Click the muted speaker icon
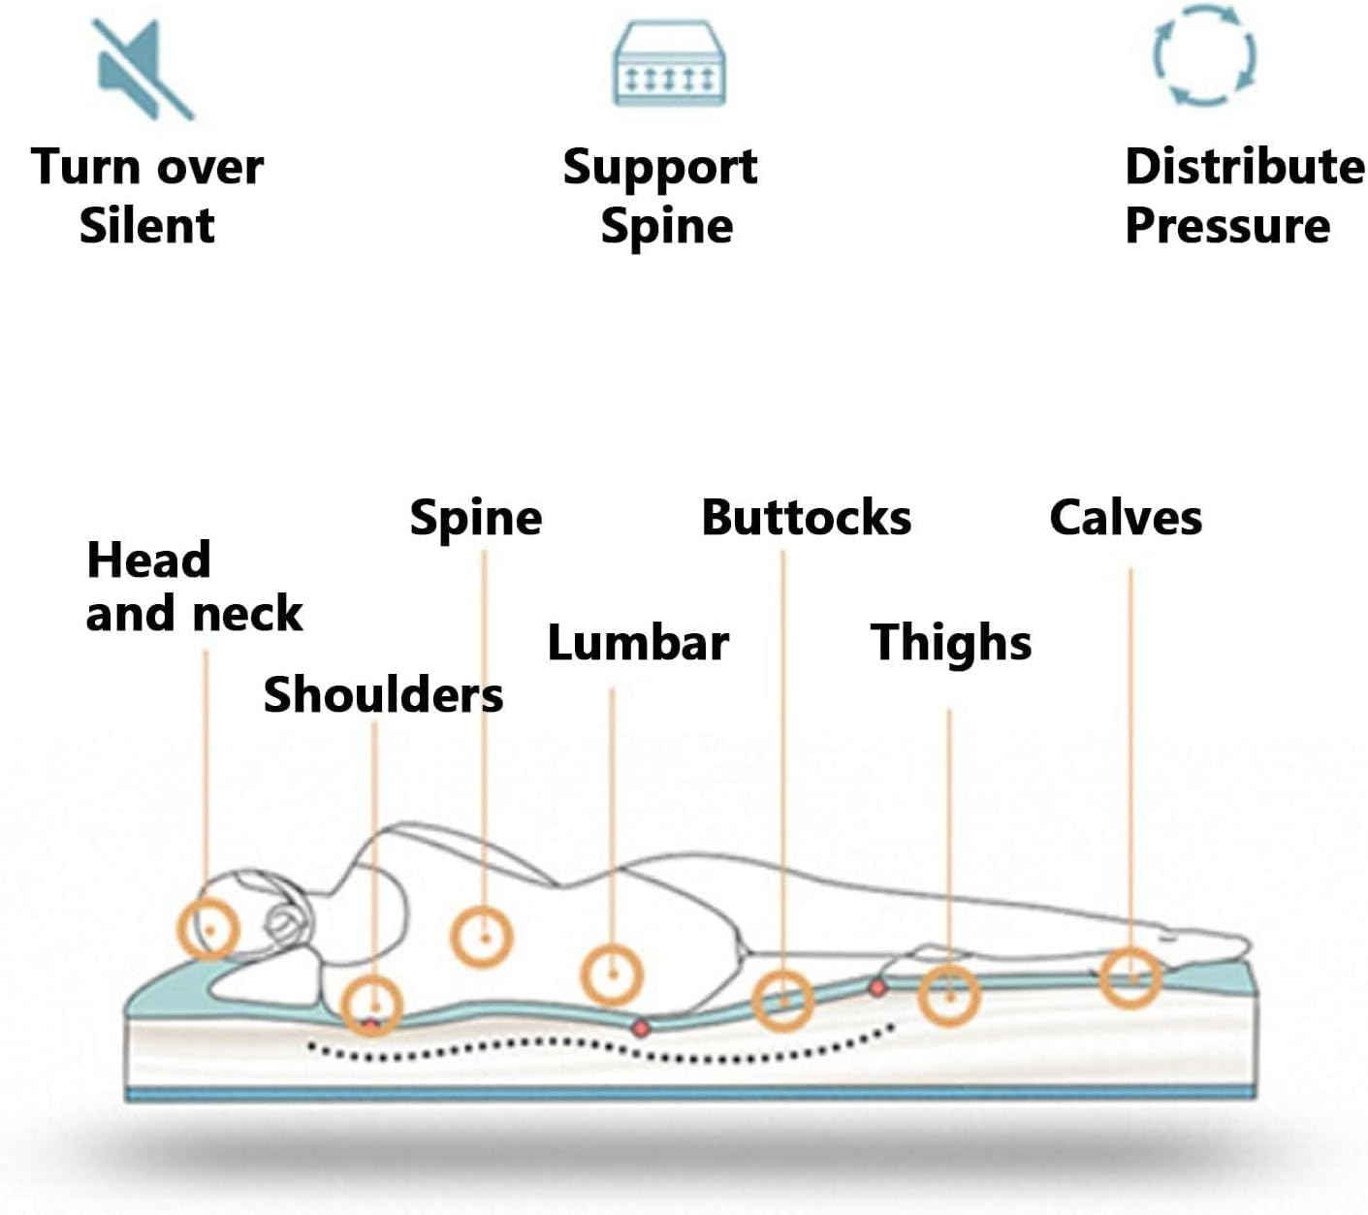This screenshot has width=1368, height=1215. (x=143, y=69)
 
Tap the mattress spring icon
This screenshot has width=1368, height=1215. (x=669, y=66)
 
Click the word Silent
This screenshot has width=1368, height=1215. (x=146, y=226)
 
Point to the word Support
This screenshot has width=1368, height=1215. (x=660, y=167)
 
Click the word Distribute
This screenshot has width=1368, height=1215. (x=1245, y=166)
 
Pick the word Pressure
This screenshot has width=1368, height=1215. (x=1227, y=226)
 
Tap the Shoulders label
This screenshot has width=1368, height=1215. (x=383, y=695)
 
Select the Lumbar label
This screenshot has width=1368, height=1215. (x=638, y=643)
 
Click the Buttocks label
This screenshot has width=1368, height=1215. (x=806, y=518)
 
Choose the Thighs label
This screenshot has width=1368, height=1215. (x=951, y=643)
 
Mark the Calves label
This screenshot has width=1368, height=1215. (x=1126, y=518)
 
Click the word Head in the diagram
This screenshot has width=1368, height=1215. (x=148, y=560)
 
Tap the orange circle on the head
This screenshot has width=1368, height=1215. (x=207, y=928)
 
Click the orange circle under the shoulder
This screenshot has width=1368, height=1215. (x=372, y=1004)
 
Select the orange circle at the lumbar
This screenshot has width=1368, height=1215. (x=612, y=973)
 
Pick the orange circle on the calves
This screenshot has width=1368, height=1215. (x=1130, y=977)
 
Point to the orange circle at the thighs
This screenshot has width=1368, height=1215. (x=949, y=995)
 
